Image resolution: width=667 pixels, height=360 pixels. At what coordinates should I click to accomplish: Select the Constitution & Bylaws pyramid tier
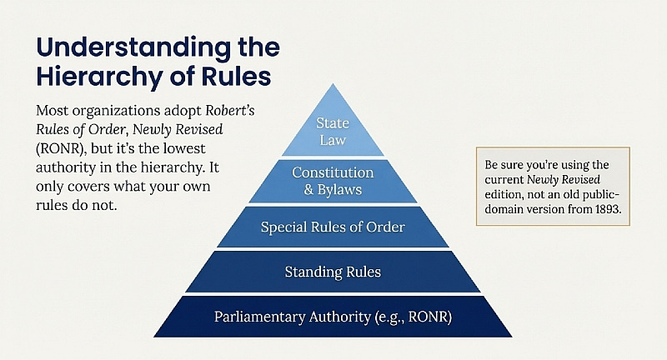tap(333, 181)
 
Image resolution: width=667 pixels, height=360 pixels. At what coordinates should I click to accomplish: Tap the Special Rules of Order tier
tap(333, 227)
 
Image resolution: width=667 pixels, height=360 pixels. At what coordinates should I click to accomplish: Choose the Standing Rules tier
tap(333, 271)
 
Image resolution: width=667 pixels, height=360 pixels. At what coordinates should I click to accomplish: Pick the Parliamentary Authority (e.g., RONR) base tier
tap(333, 317)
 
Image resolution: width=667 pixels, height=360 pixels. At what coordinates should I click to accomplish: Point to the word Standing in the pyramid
tap(309, 271)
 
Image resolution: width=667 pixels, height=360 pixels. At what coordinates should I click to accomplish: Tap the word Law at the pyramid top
tap(333, 140)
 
